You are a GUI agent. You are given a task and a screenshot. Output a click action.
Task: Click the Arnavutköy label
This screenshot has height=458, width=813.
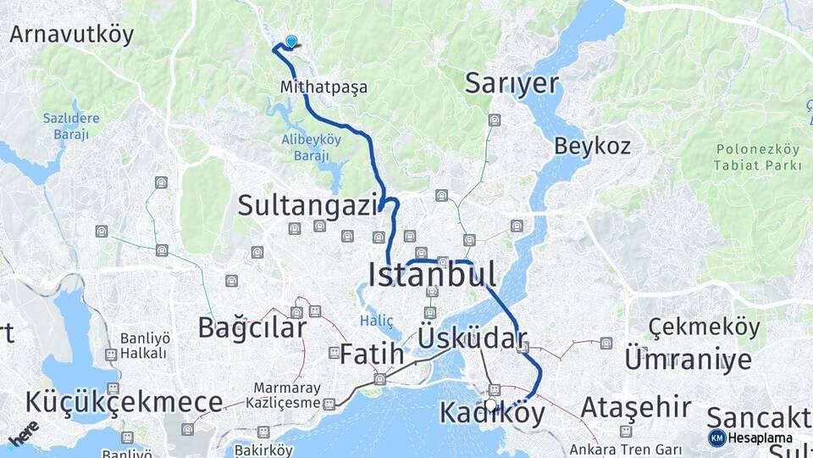point(72,35)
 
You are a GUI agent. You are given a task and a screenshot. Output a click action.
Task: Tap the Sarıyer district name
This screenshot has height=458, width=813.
point(512,83)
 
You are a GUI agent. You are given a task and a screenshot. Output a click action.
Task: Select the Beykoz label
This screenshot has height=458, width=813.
point(592,146)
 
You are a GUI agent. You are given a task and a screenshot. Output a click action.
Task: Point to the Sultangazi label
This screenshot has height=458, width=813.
point(307,204)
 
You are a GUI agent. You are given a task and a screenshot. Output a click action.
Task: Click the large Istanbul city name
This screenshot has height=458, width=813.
point(432,274)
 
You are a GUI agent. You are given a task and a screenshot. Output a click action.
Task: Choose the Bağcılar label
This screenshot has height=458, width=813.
point(252,327)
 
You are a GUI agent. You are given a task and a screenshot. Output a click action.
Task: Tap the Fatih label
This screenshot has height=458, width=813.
point(372,355)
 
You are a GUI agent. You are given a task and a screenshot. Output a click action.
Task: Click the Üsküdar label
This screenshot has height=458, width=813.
point(473,338)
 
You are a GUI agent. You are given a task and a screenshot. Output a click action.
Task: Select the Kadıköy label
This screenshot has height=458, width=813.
point(492,413)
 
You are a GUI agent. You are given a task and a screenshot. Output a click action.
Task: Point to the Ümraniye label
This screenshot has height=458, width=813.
point(688,360)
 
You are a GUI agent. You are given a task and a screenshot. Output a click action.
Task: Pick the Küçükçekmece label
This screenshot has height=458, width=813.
point(124,402)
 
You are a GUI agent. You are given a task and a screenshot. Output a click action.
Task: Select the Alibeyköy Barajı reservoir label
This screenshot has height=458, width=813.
point(311,147)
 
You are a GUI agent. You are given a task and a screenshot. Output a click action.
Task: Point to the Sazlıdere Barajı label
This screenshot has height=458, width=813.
point(71,126)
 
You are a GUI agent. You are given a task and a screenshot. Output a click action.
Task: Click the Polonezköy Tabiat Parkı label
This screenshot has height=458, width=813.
point(758,157)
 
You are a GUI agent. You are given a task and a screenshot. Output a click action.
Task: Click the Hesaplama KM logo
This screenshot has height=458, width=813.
point(717,438)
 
